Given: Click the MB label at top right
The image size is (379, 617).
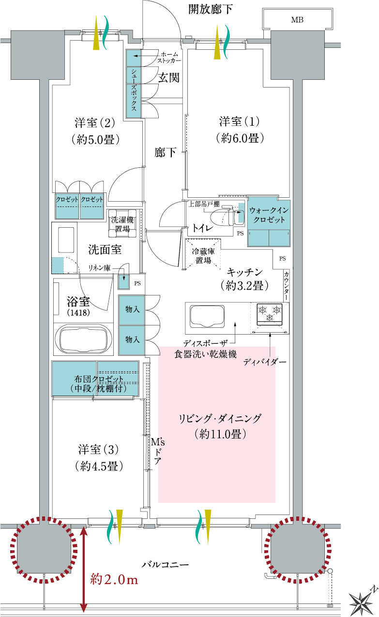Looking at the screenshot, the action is (297, 20).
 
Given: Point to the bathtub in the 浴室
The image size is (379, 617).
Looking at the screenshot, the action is (83, 339).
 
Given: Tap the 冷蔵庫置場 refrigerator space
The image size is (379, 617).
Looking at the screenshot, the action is (203, 254).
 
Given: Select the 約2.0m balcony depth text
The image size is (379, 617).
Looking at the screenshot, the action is (114, 580).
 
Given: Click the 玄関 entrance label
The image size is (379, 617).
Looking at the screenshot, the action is (169, 77).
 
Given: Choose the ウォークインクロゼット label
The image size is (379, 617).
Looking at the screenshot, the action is (269, 215).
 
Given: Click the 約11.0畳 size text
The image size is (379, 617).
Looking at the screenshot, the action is (220, 434).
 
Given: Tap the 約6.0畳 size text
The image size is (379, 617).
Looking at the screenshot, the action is (240, 138).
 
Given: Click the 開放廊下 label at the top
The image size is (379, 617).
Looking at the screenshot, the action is (210, 10).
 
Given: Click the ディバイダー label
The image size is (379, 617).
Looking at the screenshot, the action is (265, 362).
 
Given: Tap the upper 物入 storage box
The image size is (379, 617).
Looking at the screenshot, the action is (132, 310).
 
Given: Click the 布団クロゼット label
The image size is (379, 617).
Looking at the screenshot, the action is (98, 379).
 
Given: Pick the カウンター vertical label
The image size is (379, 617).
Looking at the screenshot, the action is (287, 286).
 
